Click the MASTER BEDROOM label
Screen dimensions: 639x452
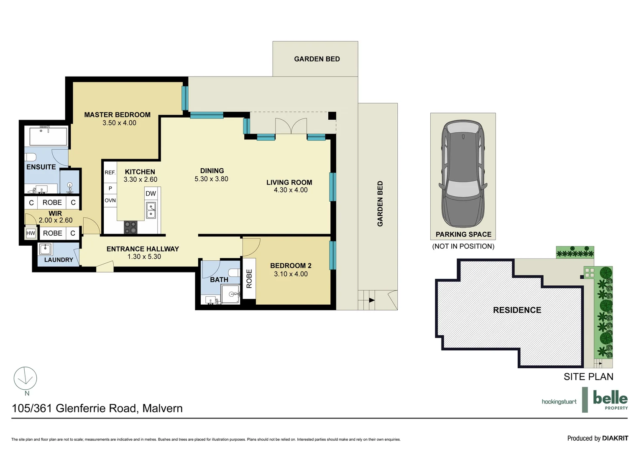click(117, 115)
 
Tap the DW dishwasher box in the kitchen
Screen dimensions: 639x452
click(151, 194)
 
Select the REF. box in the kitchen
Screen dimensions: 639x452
click(110, 172)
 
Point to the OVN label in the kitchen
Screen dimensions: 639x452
click(110, 200)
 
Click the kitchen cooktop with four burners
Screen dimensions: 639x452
click(130, 228)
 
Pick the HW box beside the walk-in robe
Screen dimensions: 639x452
click(31, 233)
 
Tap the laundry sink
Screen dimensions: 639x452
click(45, 249)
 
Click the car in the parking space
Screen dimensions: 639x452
click(463, 177)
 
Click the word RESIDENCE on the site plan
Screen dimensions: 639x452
click(517, 310)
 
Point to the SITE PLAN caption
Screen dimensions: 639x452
click(588, 377)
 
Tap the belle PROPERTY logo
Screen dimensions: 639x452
click(610, 400)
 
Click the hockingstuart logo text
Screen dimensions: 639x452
click(559, 402)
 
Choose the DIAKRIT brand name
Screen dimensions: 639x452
click(615, 438)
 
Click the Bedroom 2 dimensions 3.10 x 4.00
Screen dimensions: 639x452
click(291, 274)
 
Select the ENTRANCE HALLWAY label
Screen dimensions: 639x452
click(143, 249)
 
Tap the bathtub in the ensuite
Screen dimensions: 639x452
click(49, 136)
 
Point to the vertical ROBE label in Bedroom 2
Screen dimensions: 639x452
click(249, 279)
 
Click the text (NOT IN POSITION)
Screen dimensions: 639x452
click(463, 246)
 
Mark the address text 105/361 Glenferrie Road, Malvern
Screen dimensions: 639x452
click(97, 408)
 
